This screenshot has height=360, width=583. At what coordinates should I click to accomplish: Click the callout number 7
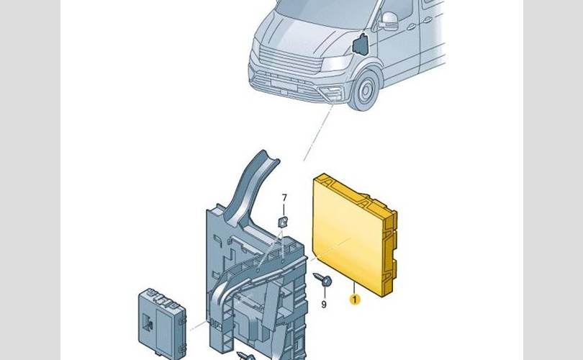click(284, 198)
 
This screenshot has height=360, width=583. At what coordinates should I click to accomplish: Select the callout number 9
click(323, 305)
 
